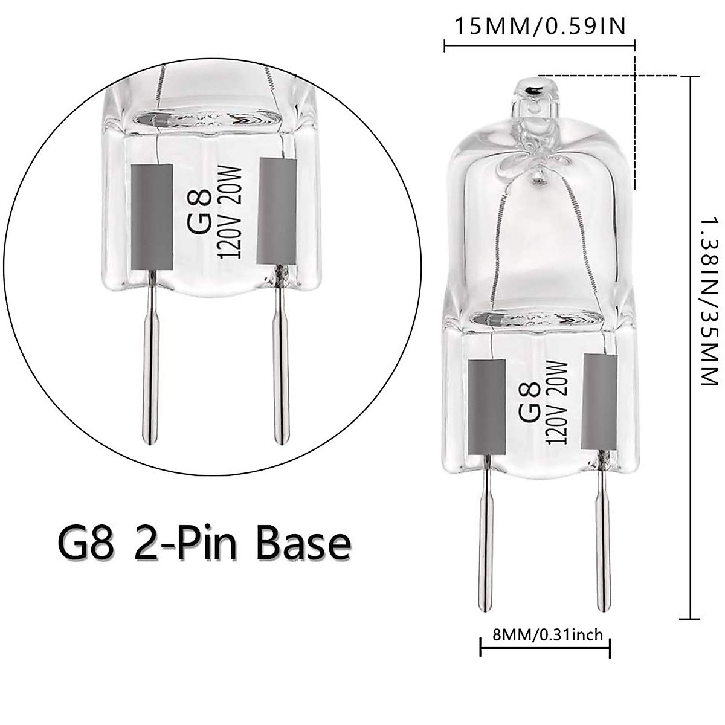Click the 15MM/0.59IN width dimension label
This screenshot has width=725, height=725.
[x=539, y=27]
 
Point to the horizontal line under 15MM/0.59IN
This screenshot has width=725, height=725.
[x=540, y=44]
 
